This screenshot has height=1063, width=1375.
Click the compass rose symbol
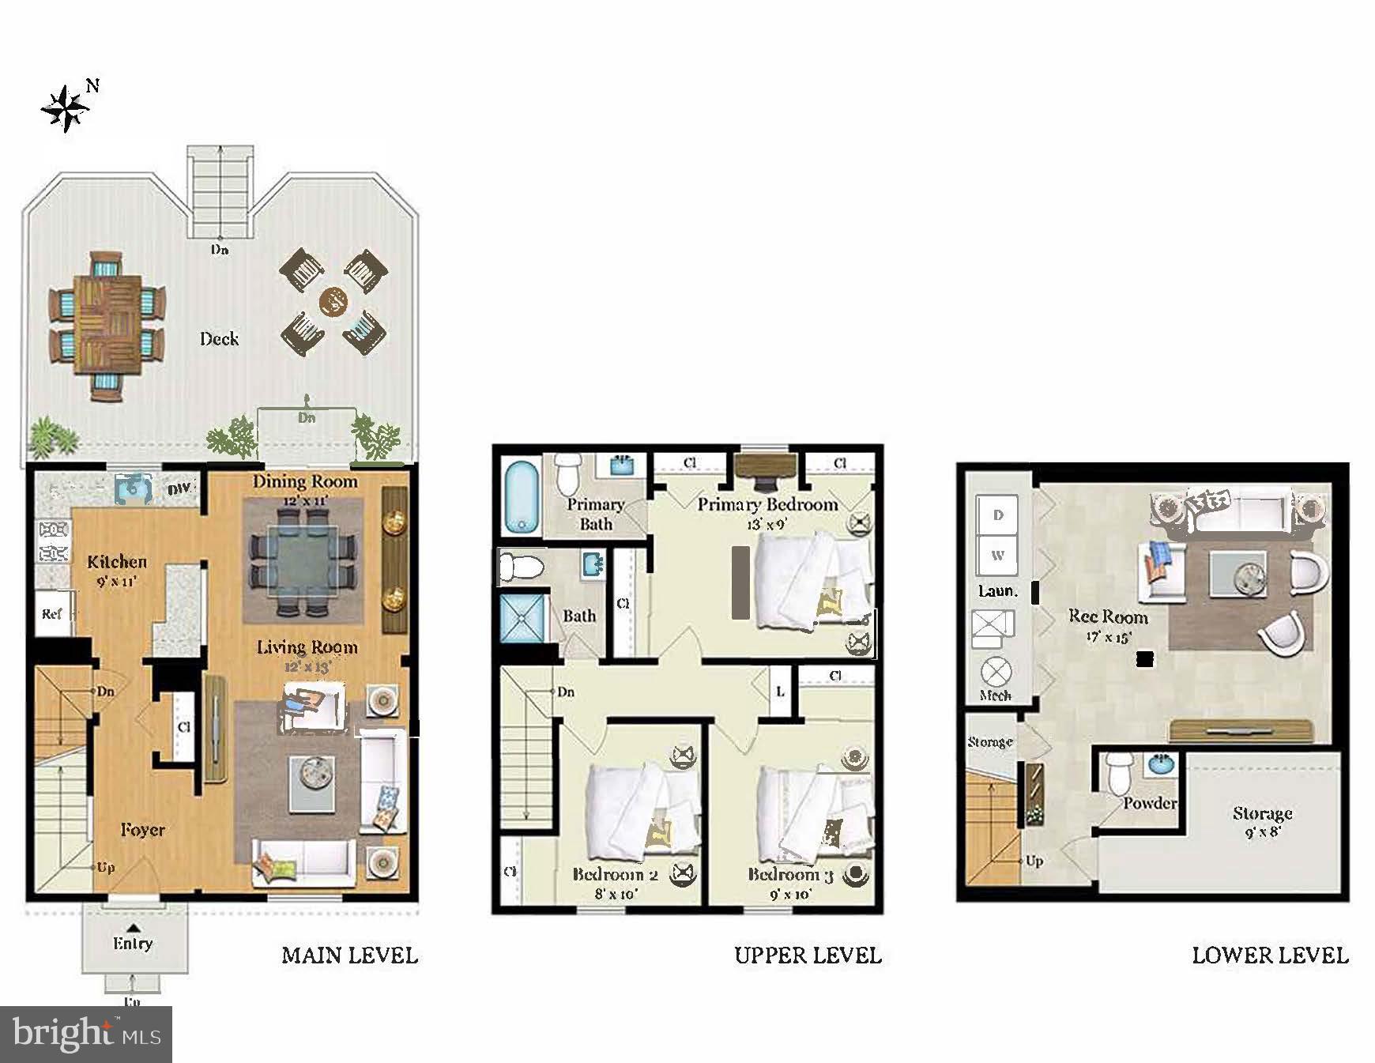pos(66,108)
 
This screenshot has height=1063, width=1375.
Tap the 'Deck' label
pos(219,339)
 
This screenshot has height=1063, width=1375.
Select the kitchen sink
pos(133,488)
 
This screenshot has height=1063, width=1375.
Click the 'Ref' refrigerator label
pos(52,613)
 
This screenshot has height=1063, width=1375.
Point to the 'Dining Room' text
pos(305,481)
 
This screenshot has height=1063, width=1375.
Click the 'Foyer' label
pos(143,830)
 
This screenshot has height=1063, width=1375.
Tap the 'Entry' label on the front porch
pos(133,943)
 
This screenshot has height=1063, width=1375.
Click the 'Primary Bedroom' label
pos(767,504)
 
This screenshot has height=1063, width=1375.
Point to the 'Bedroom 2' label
pos(615,874)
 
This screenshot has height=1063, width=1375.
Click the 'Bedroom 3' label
pos(790,874)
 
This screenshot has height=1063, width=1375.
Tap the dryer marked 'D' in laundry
pos(998,515)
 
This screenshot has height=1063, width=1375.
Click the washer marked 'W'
pos(998,555)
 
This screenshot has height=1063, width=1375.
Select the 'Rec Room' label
pos(1108,616)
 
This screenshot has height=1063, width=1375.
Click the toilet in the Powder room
pos(1117,774)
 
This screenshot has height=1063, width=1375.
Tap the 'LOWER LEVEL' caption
pos(1269,956)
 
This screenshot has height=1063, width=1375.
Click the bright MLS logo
pos(86,1034)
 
